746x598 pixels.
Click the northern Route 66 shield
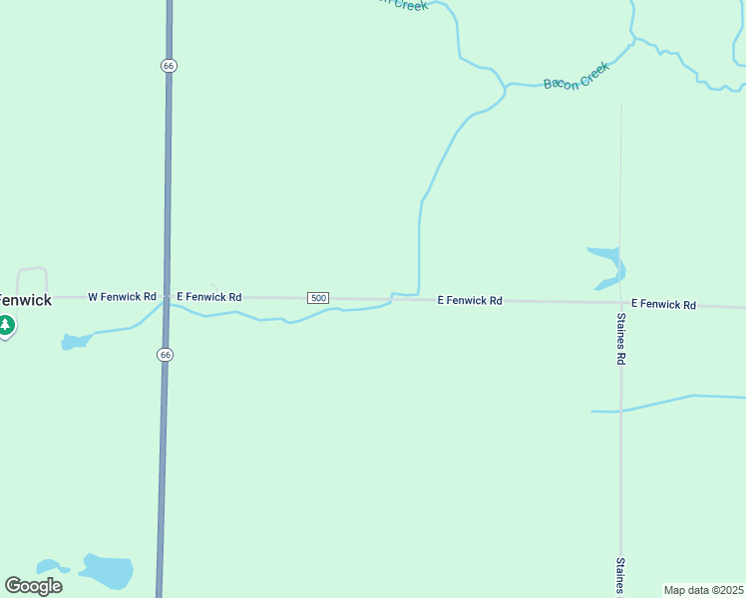[x=168, y=65]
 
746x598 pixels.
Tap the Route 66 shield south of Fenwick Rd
[x=166, y=355]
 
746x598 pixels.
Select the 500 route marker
[x=318, y=298]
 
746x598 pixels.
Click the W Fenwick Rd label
[x=123, y=297]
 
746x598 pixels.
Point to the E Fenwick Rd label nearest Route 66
[x=208, y=297]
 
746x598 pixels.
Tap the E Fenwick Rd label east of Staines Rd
[x=663, y=304]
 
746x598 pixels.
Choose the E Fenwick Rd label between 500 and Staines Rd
[x=470, y=300]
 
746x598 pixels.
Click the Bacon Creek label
[x=575, y=76]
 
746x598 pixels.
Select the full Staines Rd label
[x=620, y=338]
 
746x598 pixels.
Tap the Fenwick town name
[x=25, y=299]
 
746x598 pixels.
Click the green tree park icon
[x=6, y=325]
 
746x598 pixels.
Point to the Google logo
[x=33, y=586]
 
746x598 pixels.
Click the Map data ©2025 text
[x=703, y=590]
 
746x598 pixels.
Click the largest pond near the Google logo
[x=107, y=571]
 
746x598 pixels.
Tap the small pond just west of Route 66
[x=76, y=342]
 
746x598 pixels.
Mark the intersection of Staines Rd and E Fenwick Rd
[x=620, y=302]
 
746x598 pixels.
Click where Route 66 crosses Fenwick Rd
[x=166, y=297]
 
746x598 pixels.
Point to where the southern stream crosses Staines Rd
[x=620, y=410]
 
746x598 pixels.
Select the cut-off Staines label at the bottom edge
[x=620, y=575]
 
